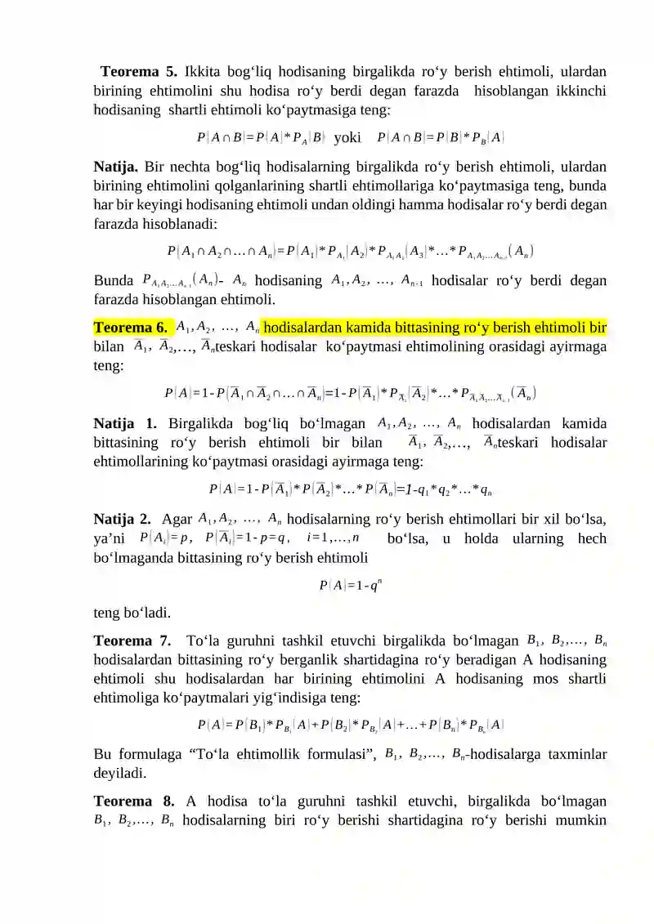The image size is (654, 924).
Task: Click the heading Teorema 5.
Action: coord(135,71)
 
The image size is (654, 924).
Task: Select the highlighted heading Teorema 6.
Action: coord(132,328)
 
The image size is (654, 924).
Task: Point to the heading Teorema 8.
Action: coord(132,801)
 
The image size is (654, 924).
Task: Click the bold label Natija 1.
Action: coord(124,423)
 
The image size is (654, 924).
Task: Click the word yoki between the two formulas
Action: coord(347,137)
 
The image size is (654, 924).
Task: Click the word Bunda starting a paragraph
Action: coord(114,281)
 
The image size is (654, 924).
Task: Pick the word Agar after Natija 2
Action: coord(177,519)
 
